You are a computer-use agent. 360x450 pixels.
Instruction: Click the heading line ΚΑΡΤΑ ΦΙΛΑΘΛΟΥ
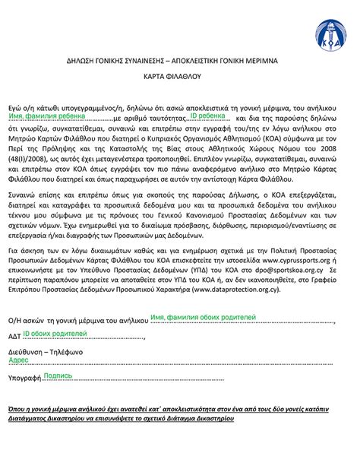point(180,78)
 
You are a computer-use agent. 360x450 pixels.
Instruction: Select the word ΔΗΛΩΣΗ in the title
point(80,59)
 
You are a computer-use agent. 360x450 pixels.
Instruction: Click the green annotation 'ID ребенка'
point(207,116)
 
